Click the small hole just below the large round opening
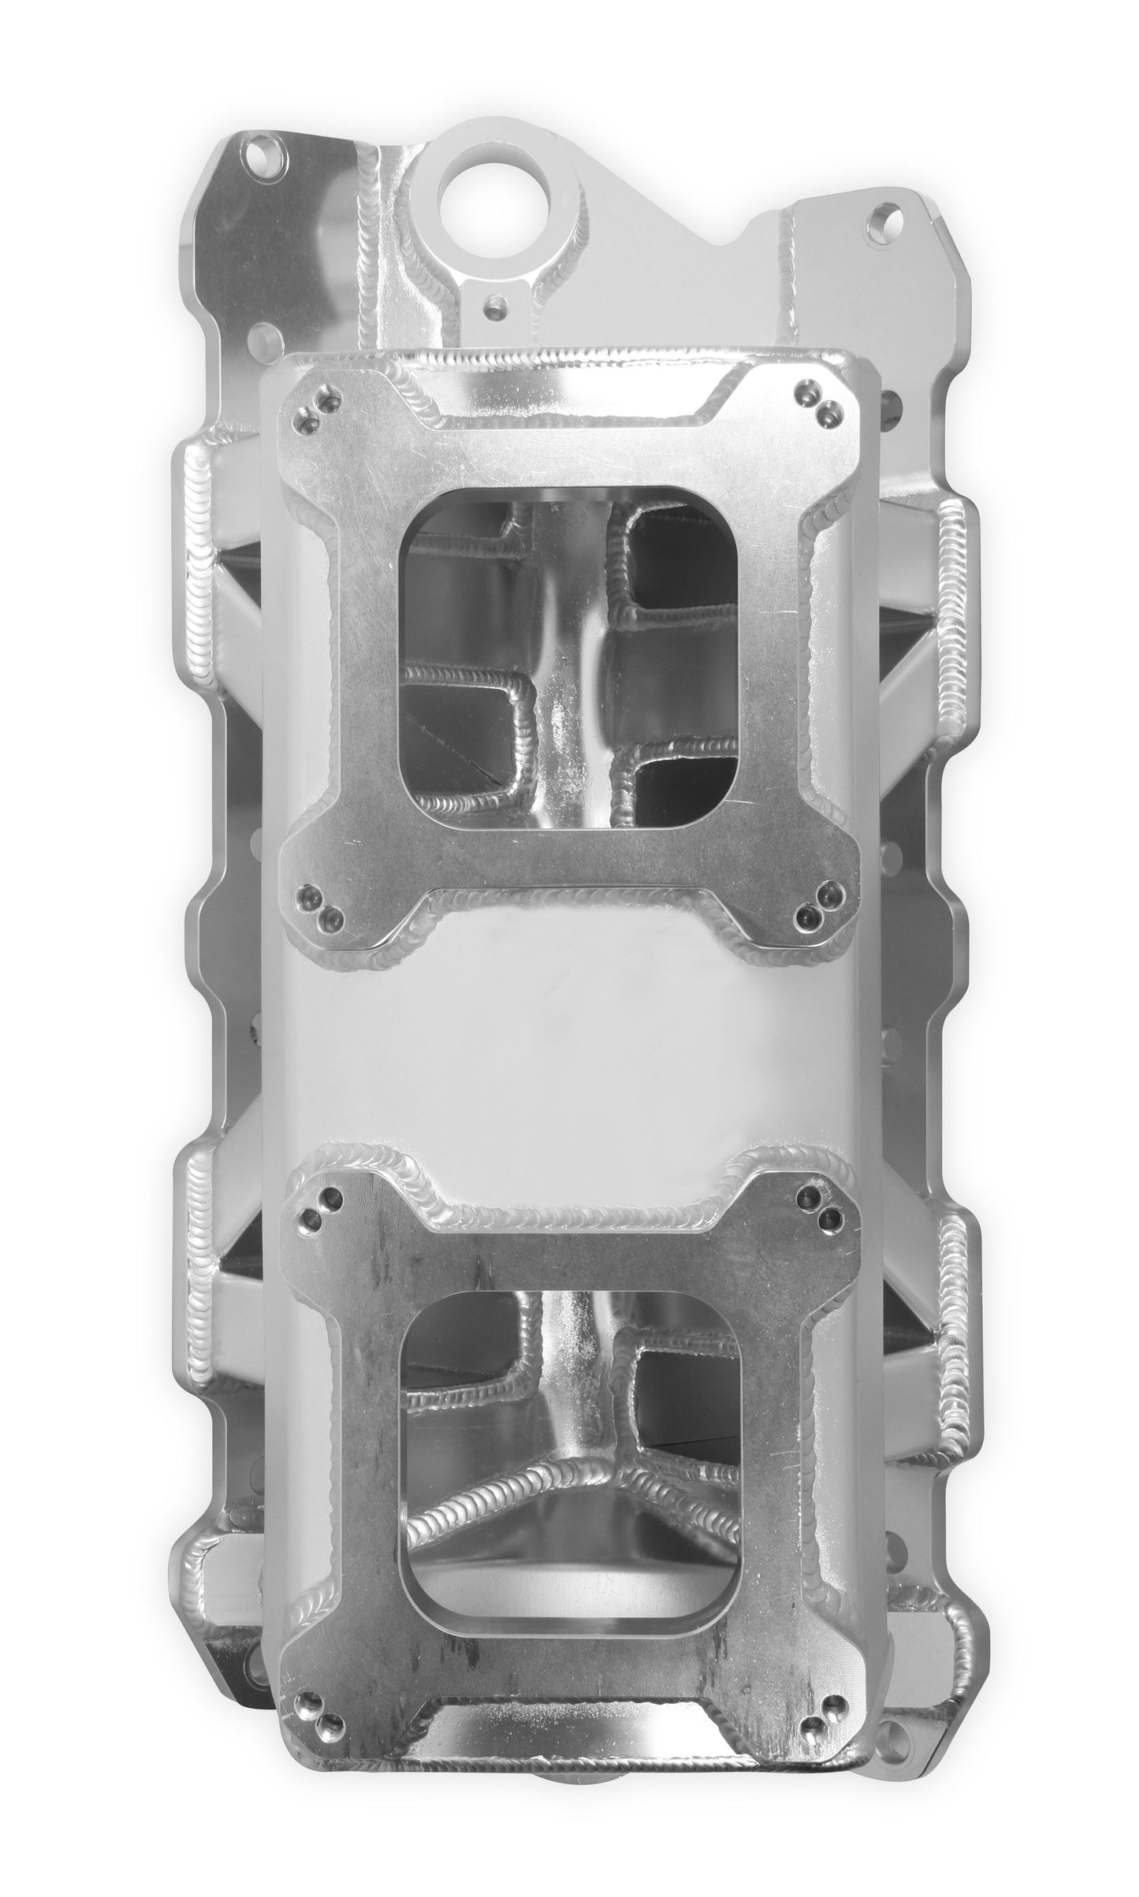click(494, 302)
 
